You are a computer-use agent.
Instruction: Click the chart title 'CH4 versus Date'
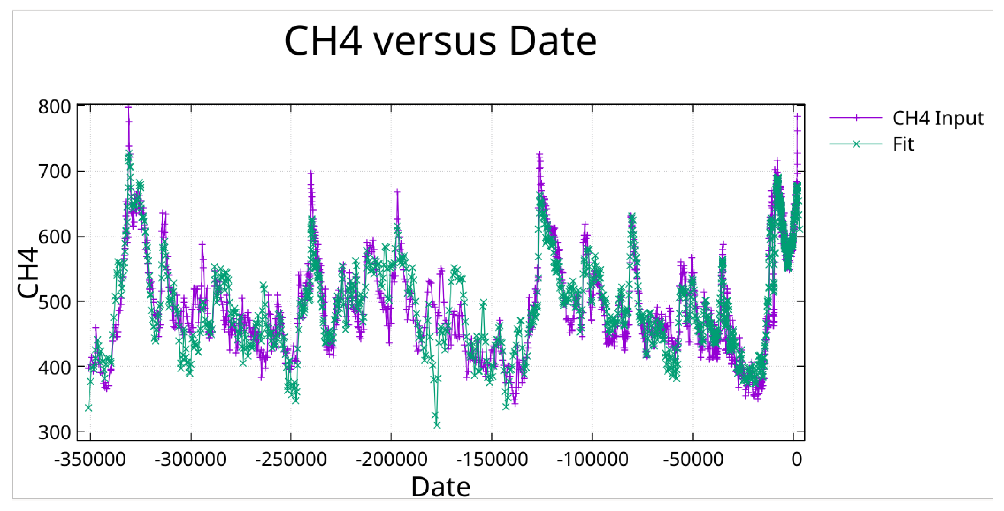440,41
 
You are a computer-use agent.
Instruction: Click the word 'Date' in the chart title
553,41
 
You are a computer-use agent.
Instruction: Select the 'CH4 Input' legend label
938,118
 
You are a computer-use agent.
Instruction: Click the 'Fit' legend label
903,144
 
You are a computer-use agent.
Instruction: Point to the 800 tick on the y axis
55,107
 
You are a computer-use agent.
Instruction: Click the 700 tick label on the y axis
55,171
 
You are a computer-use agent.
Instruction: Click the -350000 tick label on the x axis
90,460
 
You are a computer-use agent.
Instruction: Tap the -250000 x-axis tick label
291,460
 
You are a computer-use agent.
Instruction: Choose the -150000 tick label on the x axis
492,460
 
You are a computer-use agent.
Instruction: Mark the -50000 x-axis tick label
693,460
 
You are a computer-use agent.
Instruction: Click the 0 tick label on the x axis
797,460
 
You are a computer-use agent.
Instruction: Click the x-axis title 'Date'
441,487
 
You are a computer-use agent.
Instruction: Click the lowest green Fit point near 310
437,425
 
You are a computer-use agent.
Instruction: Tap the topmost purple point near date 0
797,116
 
